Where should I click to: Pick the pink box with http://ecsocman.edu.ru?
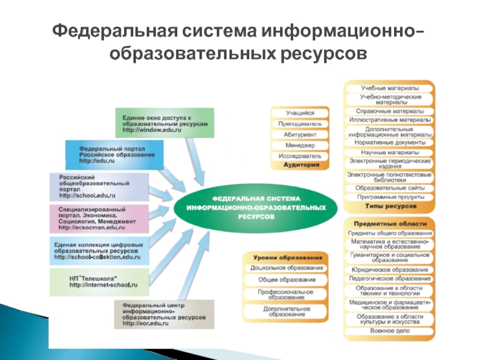click(100, 219)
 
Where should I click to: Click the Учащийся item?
click(299, 112)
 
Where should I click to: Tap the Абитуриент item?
click(299, 134)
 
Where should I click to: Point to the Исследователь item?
click(299, 155)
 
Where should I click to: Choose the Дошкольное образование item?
click(287, 268)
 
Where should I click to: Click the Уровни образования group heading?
click(287, 256)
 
